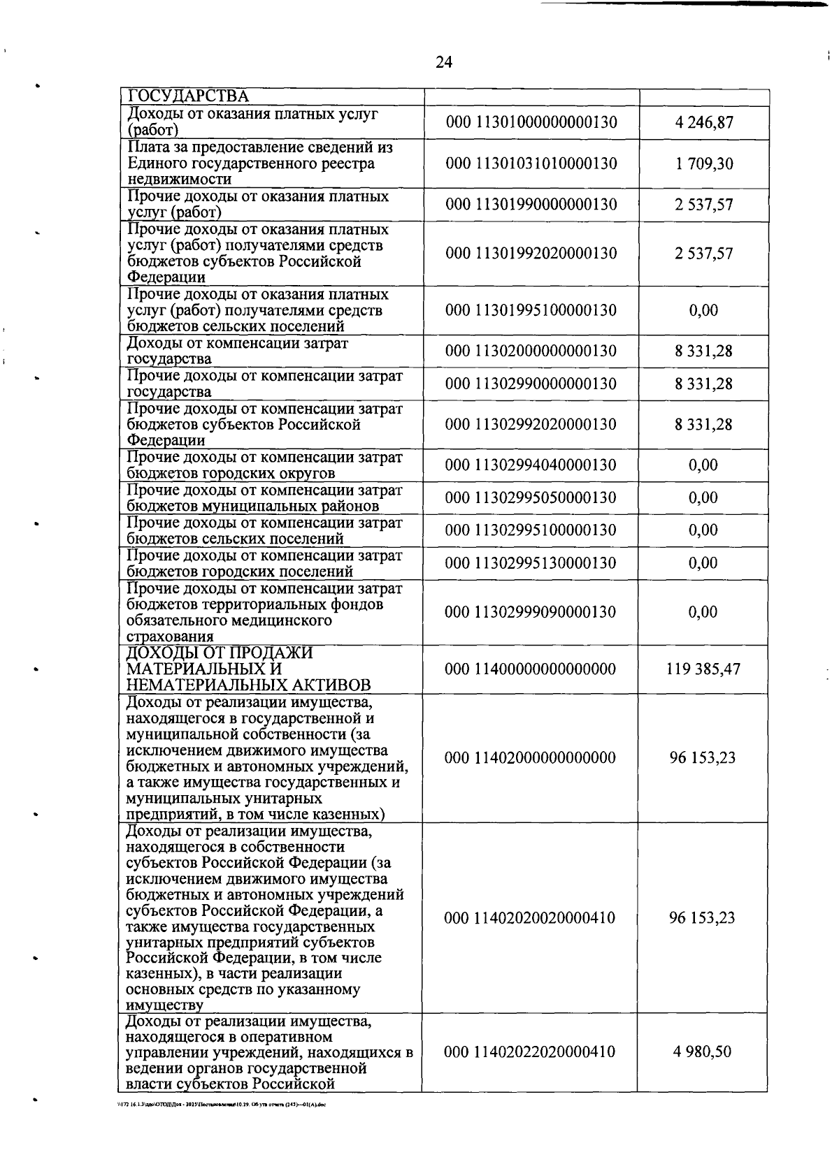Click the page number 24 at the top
click(443, 63)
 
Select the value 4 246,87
click(704, 123)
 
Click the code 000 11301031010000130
click(531, 163)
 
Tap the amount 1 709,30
click(704, 163)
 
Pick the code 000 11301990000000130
click(531, 205)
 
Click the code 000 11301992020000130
click(531, 253)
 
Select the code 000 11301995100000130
click(531, 310)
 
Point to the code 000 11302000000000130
click(531, 351)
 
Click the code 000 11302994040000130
click(531, 465)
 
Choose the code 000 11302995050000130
click(531, 497)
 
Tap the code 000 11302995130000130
click(531, 563)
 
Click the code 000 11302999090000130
click(531, 612)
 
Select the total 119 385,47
click(703, 669)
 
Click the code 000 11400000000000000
click(531, 669)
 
